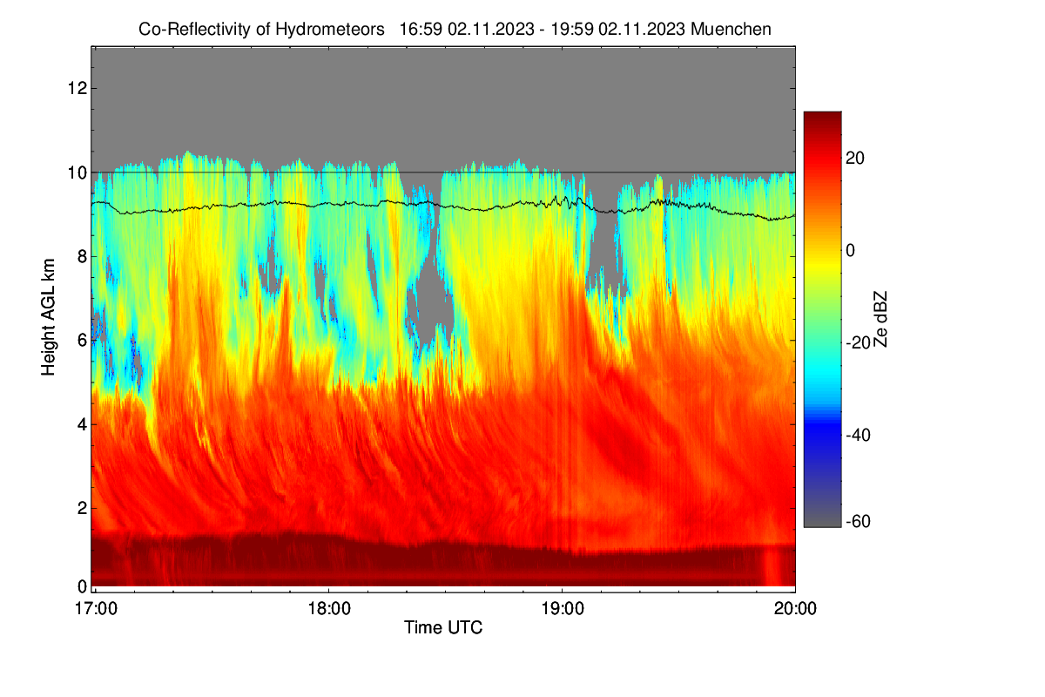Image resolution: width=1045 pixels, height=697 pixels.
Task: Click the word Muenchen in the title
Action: [x=731, y=30]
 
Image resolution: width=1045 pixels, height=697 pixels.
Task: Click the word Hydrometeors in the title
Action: [x=330, y=30]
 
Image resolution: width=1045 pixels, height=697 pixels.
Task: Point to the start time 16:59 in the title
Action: [x=421, y=30]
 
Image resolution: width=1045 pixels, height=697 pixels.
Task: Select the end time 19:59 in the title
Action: [x=572, y=30]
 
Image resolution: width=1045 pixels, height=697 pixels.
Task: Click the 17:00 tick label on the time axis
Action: [x=96, y=609]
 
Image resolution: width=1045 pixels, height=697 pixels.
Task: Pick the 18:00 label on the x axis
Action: [x=329, y=609]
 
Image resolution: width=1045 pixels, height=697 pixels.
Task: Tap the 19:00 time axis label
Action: [x=563, y=609]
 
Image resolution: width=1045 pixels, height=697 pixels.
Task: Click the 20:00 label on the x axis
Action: [x=795, y=609]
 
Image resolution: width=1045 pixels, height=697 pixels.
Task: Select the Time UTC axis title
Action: [x=443, y=628]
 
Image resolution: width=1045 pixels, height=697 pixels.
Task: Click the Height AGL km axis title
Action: [x=48, y=317]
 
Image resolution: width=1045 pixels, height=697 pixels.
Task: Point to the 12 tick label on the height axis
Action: [x=78, y=88]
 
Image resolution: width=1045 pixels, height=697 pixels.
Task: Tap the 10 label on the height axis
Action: [x=78, y=173]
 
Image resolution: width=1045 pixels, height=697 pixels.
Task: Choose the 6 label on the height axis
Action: [x=83, y=341]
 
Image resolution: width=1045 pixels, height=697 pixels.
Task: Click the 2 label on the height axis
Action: [x=83, y=508]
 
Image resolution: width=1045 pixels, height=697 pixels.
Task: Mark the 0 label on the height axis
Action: [x=83, y=586]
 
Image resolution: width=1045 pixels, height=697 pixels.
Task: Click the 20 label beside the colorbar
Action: [x=855, y=159]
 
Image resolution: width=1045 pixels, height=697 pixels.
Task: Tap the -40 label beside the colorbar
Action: [x=858, y=435]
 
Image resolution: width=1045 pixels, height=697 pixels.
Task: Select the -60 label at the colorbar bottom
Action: [x=858, y=522]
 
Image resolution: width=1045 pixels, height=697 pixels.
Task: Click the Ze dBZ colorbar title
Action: [x=880, y=320]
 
